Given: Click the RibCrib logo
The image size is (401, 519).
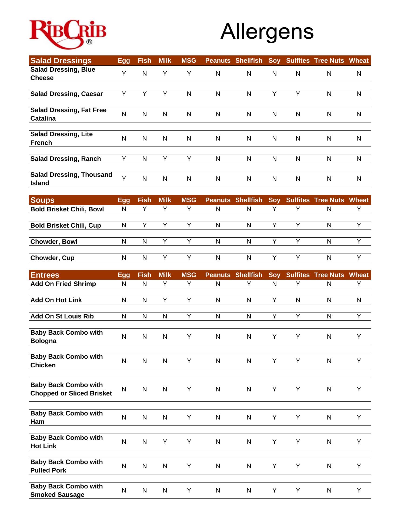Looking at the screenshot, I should coord(68,34).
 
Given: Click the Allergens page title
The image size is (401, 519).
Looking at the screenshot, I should coord(267,32).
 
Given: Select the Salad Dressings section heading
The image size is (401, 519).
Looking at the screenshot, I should coord(61,61).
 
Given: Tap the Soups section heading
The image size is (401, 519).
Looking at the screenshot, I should coord(42,200).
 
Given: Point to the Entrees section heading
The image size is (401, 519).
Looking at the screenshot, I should coord(45,275).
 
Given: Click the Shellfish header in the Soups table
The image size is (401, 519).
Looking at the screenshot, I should coord(249,200).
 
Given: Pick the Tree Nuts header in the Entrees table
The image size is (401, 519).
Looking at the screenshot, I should coord(329,275).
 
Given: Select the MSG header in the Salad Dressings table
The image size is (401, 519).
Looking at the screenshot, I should coord(189,61).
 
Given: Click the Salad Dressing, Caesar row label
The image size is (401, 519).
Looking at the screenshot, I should coord(66,94).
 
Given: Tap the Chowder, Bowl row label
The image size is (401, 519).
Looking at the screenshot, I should coord(54,242).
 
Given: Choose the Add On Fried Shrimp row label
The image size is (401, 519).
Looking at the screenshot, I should coord(63,284).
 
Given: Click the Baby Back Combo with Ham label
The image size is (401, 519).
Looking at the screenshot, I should coord(66,417).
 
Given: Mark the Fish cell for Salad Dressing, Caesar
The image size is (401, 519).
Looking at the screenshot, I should coord(145,94).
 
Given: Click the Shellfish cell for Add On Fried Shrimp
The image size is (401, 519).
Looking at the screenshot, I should coord(249,284).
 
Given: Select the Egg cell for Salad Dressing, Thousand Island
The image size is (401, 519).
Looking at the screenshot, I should coord(124,179).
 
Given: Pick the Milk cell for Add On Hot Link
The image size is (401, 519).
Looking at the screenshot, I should coord(165,300).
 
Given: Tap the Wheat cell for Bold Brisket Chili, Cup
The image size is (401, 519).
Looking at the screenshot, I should coord(359,225).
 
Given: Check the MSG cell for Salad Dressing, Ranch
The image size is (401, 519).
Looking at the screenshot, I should coord(189,159).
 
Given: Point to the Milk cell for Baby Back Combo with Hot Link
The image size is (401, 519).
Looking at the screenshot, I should coord(165,442).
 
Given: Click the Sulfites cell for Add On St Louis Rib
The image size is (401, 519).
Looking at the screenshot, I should coord(298,316).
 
